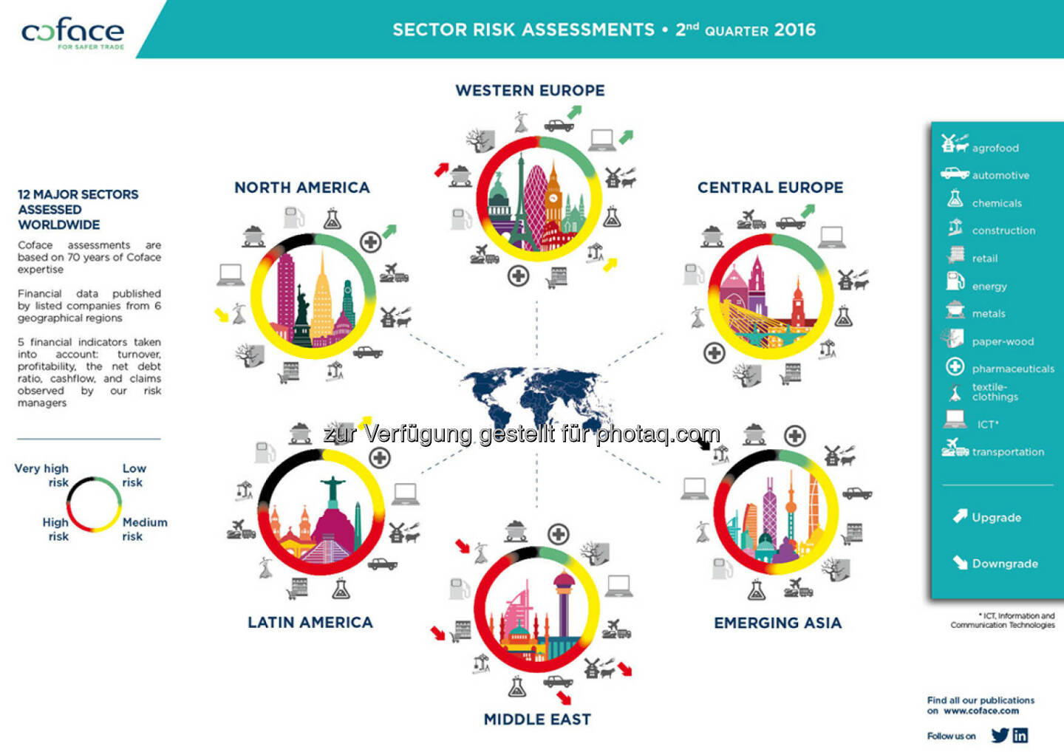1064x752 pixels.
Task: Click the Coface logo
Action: click(x=72, y=33)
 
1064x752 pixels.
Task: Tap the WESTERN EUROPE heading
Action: click(x=530, y=91)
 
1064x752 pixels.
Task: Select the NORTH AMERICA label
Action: click(x=301, y=188)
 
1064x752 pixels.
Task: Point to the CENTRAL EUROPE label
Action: click(x=770, y=188)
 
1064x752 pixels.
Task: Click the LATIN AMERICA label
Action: click(x=310, y=623)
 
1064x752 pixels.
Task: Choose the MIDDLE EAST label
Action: click(x=537, y=719)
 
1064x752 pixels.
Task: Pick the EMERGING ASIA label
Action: click(x=777, y=623)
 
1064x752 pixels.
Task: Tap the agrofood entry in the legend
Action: click(x=995, y=148)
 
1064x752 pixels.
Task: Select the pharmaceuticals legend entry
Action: click(x=1012, y=369)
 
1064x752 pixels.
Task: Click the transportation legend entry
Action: click(x=1007, y=452)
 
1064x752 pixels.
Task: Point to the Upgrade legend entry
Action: click(x=995, y=518)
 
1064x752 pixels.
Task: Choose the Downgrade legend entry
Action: click(x=1004, y=564)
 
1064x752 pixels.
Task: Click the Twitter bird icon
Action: click(x=1000, y=735)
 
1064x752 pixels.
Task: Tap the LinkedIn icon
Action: click(x=1020, y=735)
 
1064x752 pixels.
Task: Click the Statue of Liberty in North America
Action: click(x=301, y=314)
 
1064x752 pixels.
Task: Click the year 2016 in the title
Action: click(x=795, y=30)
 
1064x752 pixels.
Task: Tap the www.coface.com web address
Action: click(x=981, y=711)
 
